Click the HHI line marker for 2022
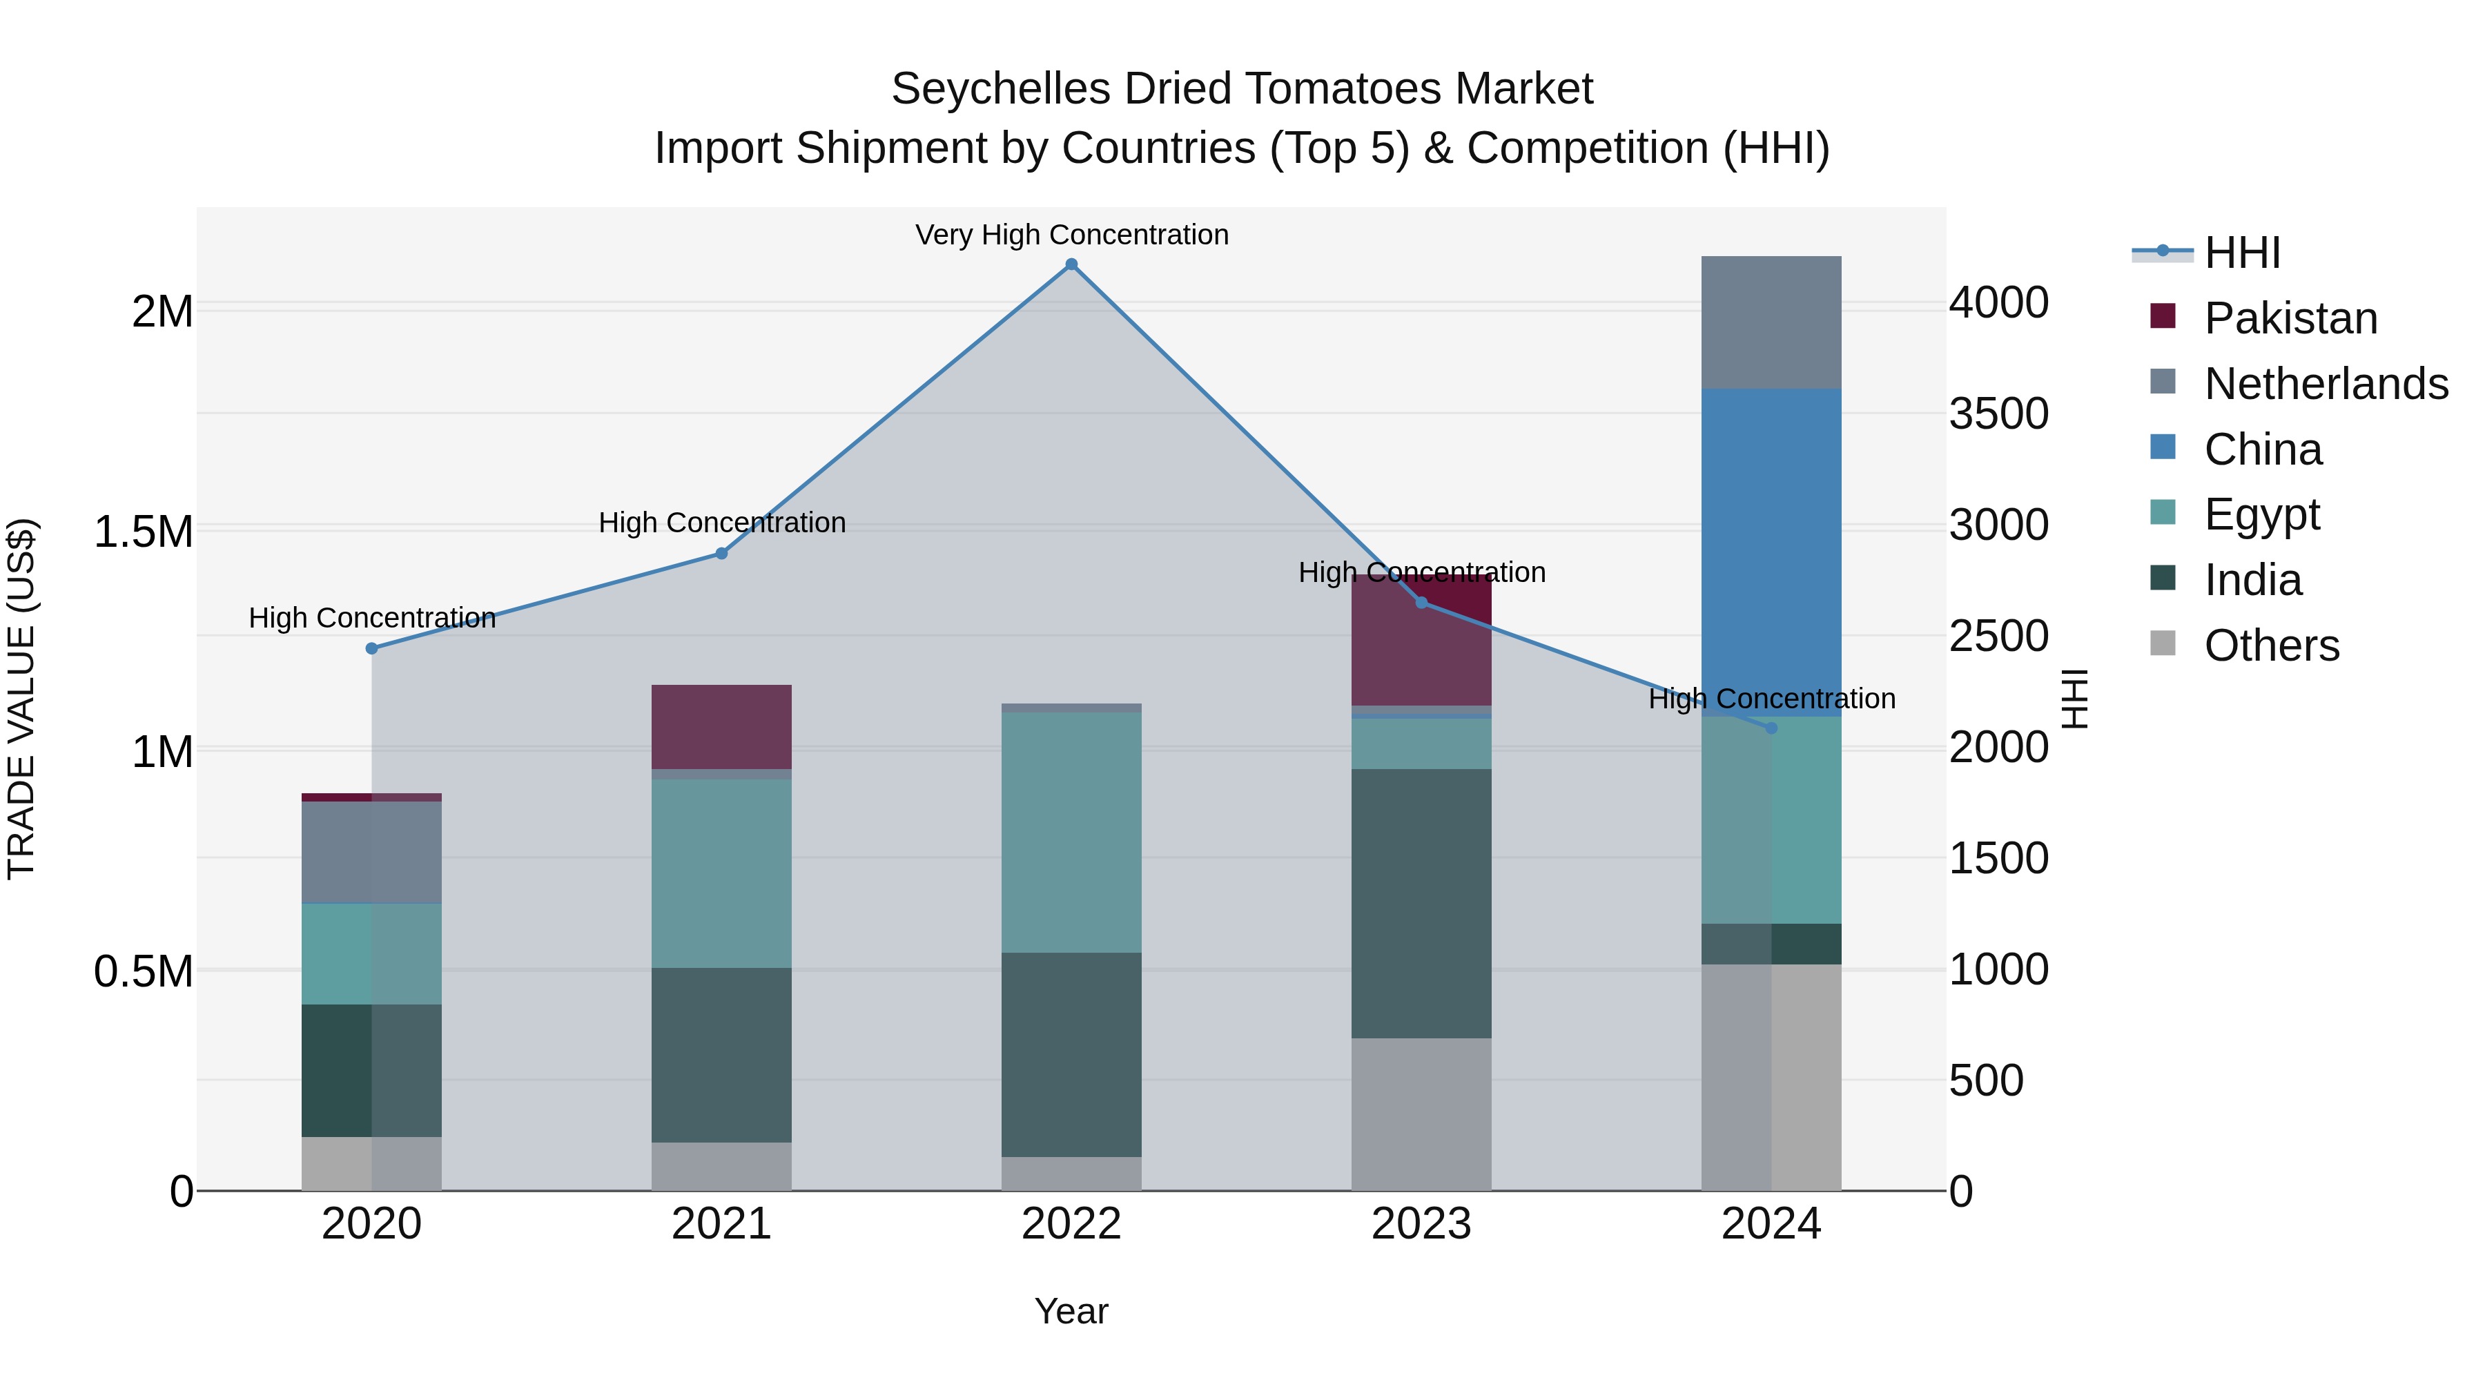pyautogui.click(x=1071, y=264)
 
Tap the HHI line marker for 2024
pyautogui.click(x=1771, y=728)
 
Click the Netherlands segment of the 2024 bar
pyautogui.click(x=1771, y=322)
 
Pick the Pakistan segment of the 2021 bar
pyautogui.click(x=721, y=726)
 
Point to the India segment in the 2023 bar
pyautogui.click(x=1421, y=903)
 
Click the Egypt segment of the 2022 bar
pyautogui.click(x=1071, y=832)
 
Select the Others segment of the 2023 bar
pyautogui.click(x=1421, y=1114)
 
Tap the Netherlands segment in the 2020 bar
pyautogui.click(x=371, y=852)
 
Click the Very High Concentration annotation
pyautogui.click(x=1071, y=235)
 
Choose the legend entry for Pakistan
pyautogui.click(x=2290, y=318)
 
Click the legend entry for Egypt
pyautogui.click(x=2261, y=514)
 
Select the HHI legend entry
pyautogui.click(x=2242, y=253)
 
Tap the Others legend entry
pyautogui.click(x=2271, y=645)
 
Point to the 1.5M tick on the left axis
pyautogui.click(x=144, y=532)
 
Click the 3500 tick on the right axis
pyautogui.click(x=1999, y=414)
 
